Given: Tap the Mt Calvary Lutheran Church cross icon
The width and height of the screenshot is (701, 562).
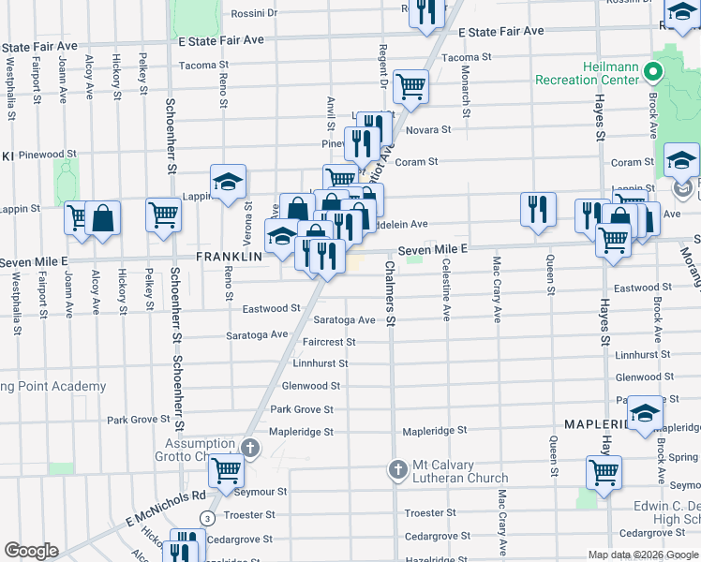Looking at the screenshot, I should pyautogui.click(x=397, y=469).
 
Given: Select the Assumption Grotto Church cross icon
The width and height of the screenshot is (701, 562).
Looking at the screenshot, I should pyautogui.click(x=249, y=449).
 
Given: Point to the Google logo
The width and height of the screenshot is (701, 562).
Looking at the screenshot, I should pyautogui.click(x=31, y=551).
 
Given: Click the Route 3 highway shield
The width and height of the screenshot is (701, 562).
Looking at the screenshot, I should pyautogui.click(x=207, y=517).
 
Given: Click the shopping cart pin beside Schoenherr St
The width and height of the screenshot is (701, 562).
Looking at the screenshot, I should pyautogui.click(x=163, y=214).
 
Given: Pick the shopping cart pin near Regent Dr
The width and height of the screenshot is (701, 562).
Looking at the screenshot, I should pyautogui.click(x=410, y=86).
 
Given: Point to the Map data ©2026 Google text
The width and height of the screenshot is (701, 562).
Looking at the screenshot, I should pyautogui.click(x=642, y=555).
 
